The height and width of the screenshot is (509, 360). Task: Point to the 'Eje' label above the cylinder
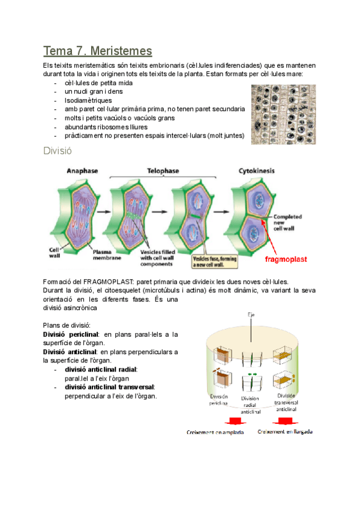coord(251,314)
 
